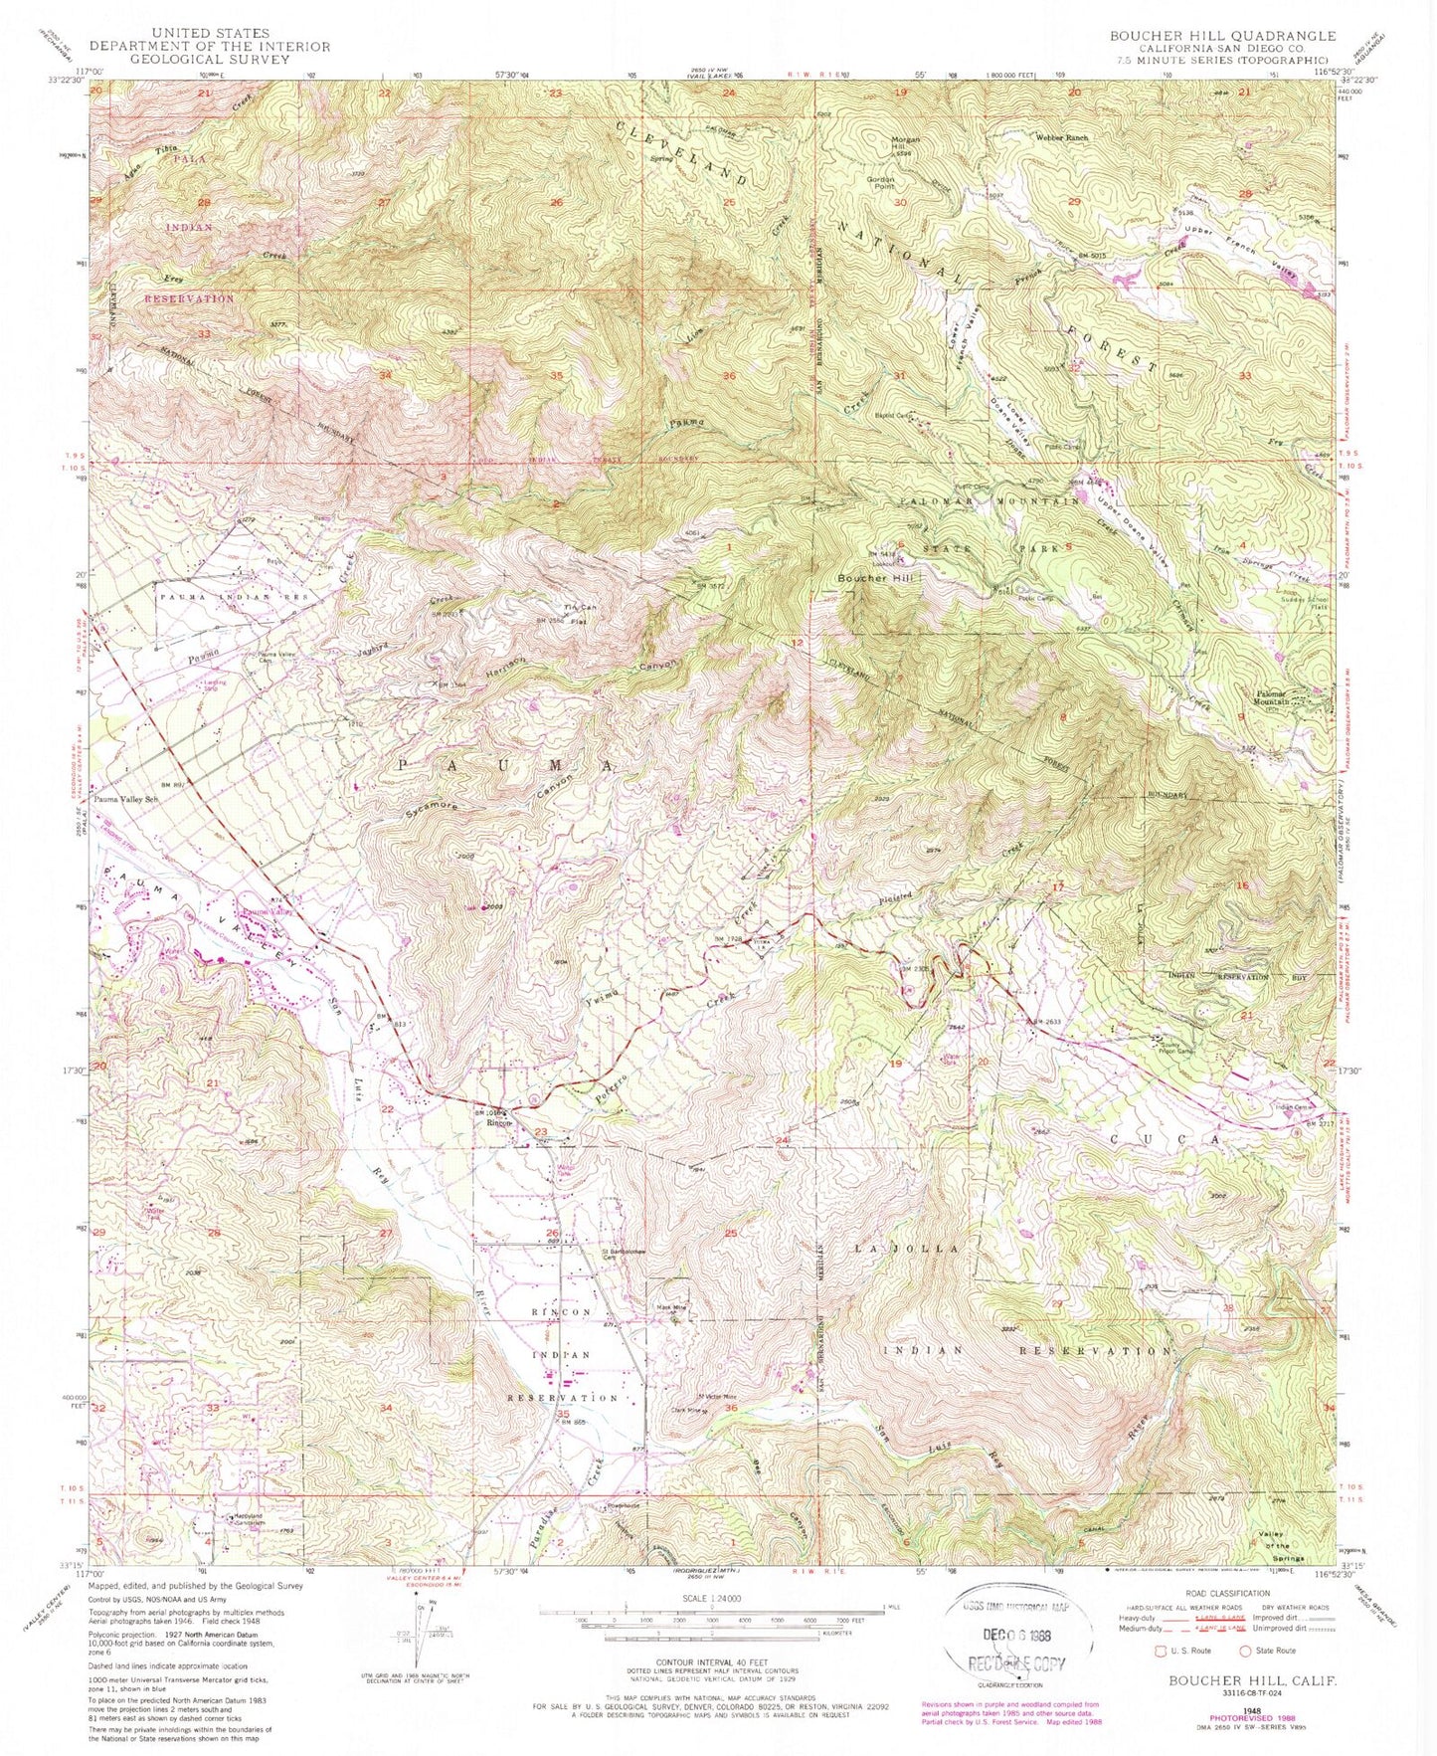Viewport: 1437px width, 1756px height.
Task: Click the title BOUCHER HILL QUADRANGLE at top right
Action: tap(1208, 35)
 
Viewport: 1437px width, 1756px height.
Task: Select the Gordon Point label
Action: tap(879, 184)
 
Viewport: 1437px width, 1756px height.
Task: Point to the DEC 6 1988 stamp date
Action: tap(1011, 1635)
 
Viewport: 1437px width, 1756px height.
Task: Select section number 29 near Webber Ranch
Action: tap(1074, 202)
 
